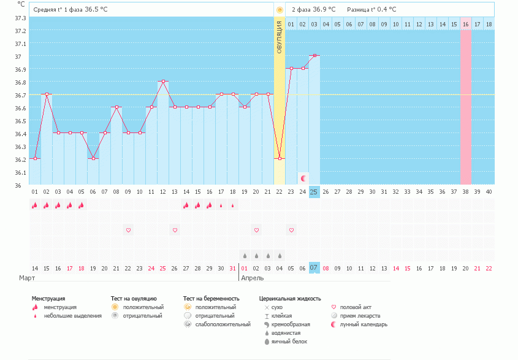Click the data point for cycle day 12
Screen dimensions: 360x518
pyautogui.click(x=163, y=81)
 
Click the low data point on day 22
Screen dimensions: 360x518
pyautogui.click(x=280, y=158)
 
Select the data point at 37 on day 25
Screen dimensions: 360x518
pyautogui.click(x=314, y=55)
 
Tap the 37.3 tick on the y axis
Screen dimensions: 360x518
pyautogui.click(x=20, y=18)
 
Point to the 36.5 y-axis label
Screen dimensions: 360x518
pyautogui.click(x=20, y=121)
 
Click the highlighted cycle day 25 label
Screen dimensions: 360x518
pyautogui.click(x=314, y=192)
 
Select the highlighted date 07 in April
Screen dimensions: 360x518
pyautogui.click(x=314, y=269)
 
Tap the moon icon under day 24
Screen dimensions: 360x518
pyautogui.click(x=303, y=178)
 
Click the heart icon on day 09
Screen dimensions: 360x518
pyautogui.click(x=128, y=230)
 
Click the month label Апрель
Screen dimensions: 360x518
pyautogui.click(x=253, y=278)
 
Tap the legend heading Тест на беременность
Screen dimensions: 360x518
pyautogui.click(x=211, y=299)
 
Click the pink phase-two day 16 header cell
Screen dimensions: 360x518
pyautogui.click(x=466, y=25)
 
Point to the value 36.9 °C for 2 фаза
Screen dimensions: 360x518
pyautogui.click(x=324, y=10)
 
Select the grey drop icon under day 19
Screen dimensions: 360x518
pyautogui.click(x=245, y=255)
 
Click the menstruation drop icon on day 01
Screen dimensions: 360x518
pyautogui.click(x=35, y=205)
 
